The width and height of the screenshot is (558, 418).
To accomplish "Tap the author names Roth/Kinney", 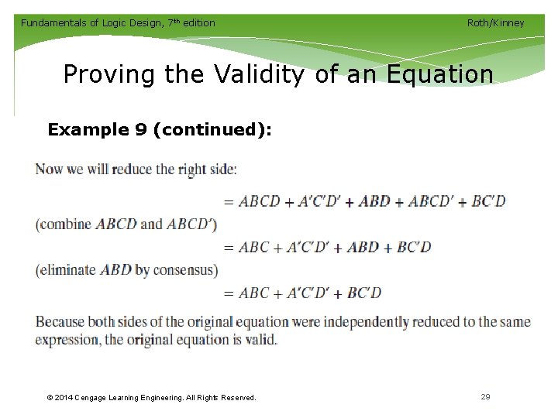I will [495, 22].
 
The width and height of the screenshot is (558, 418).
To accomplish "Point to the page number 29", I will [485, 396].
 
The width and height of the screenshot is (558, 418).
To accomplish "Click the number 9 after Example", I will [141, 129].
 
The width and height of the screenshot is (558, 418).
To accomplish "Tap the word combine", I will [66, 224].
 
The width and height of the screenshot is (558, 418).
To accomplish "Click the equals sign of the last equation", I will [228, 293].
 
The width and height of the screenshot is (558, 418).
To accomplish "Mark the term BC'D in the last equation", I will [364, 293].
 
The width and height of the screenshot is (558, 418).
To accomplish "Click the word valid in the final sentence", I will [259, 340].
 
